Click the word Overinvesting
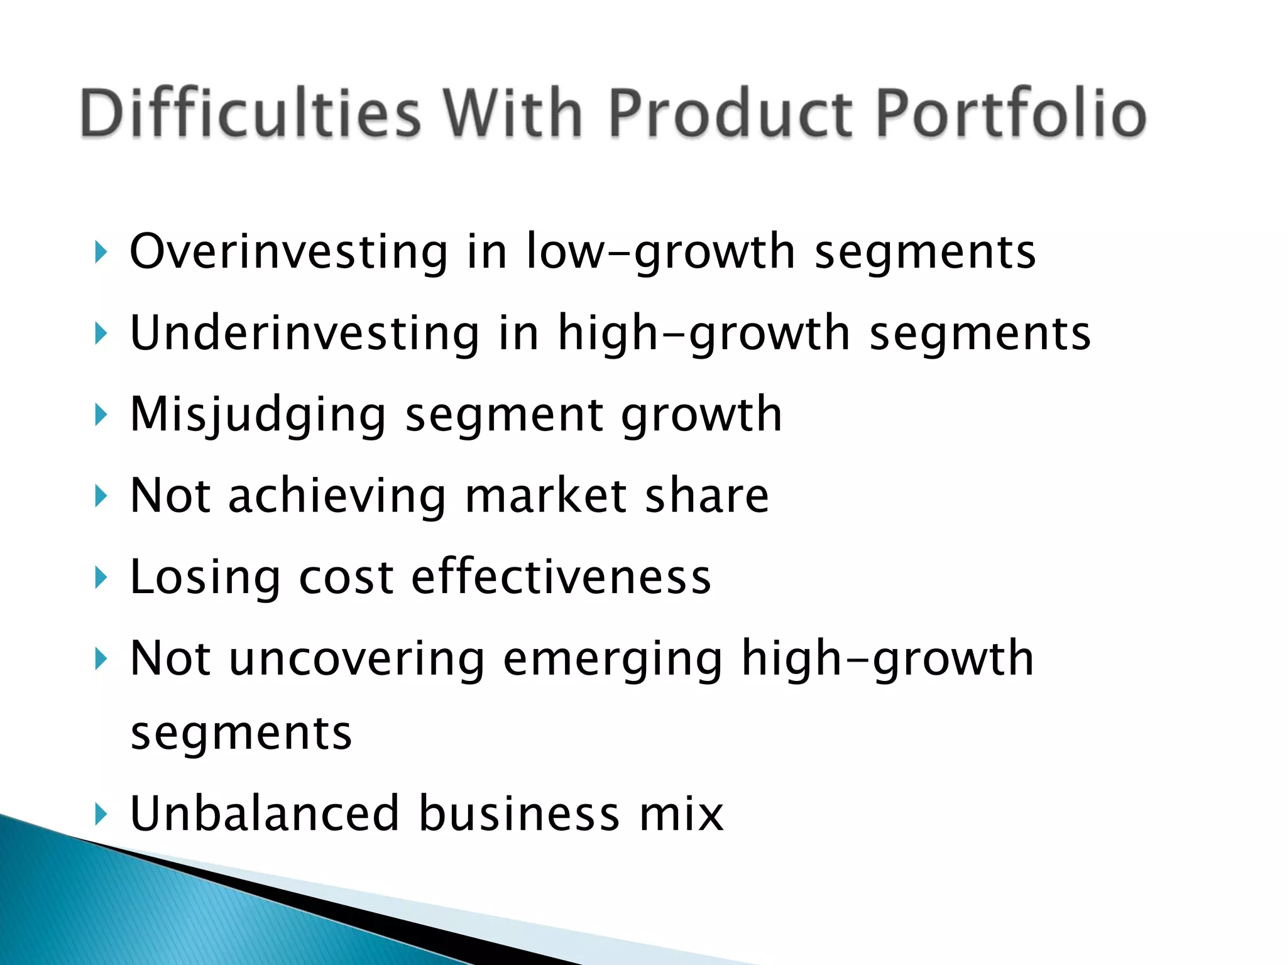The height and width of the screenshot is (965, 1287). pyautogui.click(x=288, y=251)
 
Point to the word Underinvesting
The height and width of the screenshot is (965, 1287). pyautogui.click(x=305, y=333)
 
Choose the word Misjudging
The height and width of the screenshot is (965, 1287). pyautogui.click(x=258, y=415)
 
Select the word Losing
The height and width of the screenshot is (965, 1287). pyautogui.click(x=205, y=577)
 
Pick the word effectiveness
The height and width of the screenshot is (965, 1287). pyautogui.click(x=561, y=577)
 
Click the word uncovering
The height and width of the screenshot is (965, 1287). pyautogui.click(x=356, y=658)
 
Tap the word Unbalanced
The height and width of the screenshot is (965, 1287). pyautogui.click(x=264, y=814)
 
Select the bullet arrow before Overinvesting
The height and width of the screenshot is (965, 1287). pyautogui.click(x=101, y=252)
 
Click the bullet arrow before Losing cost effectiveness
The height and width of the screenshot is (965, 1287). pyautogui.click(x=101, y=577)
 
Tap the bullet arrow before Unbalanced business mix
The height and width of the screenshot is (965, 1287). pyautogui.click(x=101, y=814)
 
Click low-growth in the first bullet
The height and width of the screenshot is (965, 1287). pyautogui.click(x=660, y=251)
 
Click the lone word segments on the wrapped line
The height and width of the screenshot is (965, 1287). pyautogui.click(x=241, y=734)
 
